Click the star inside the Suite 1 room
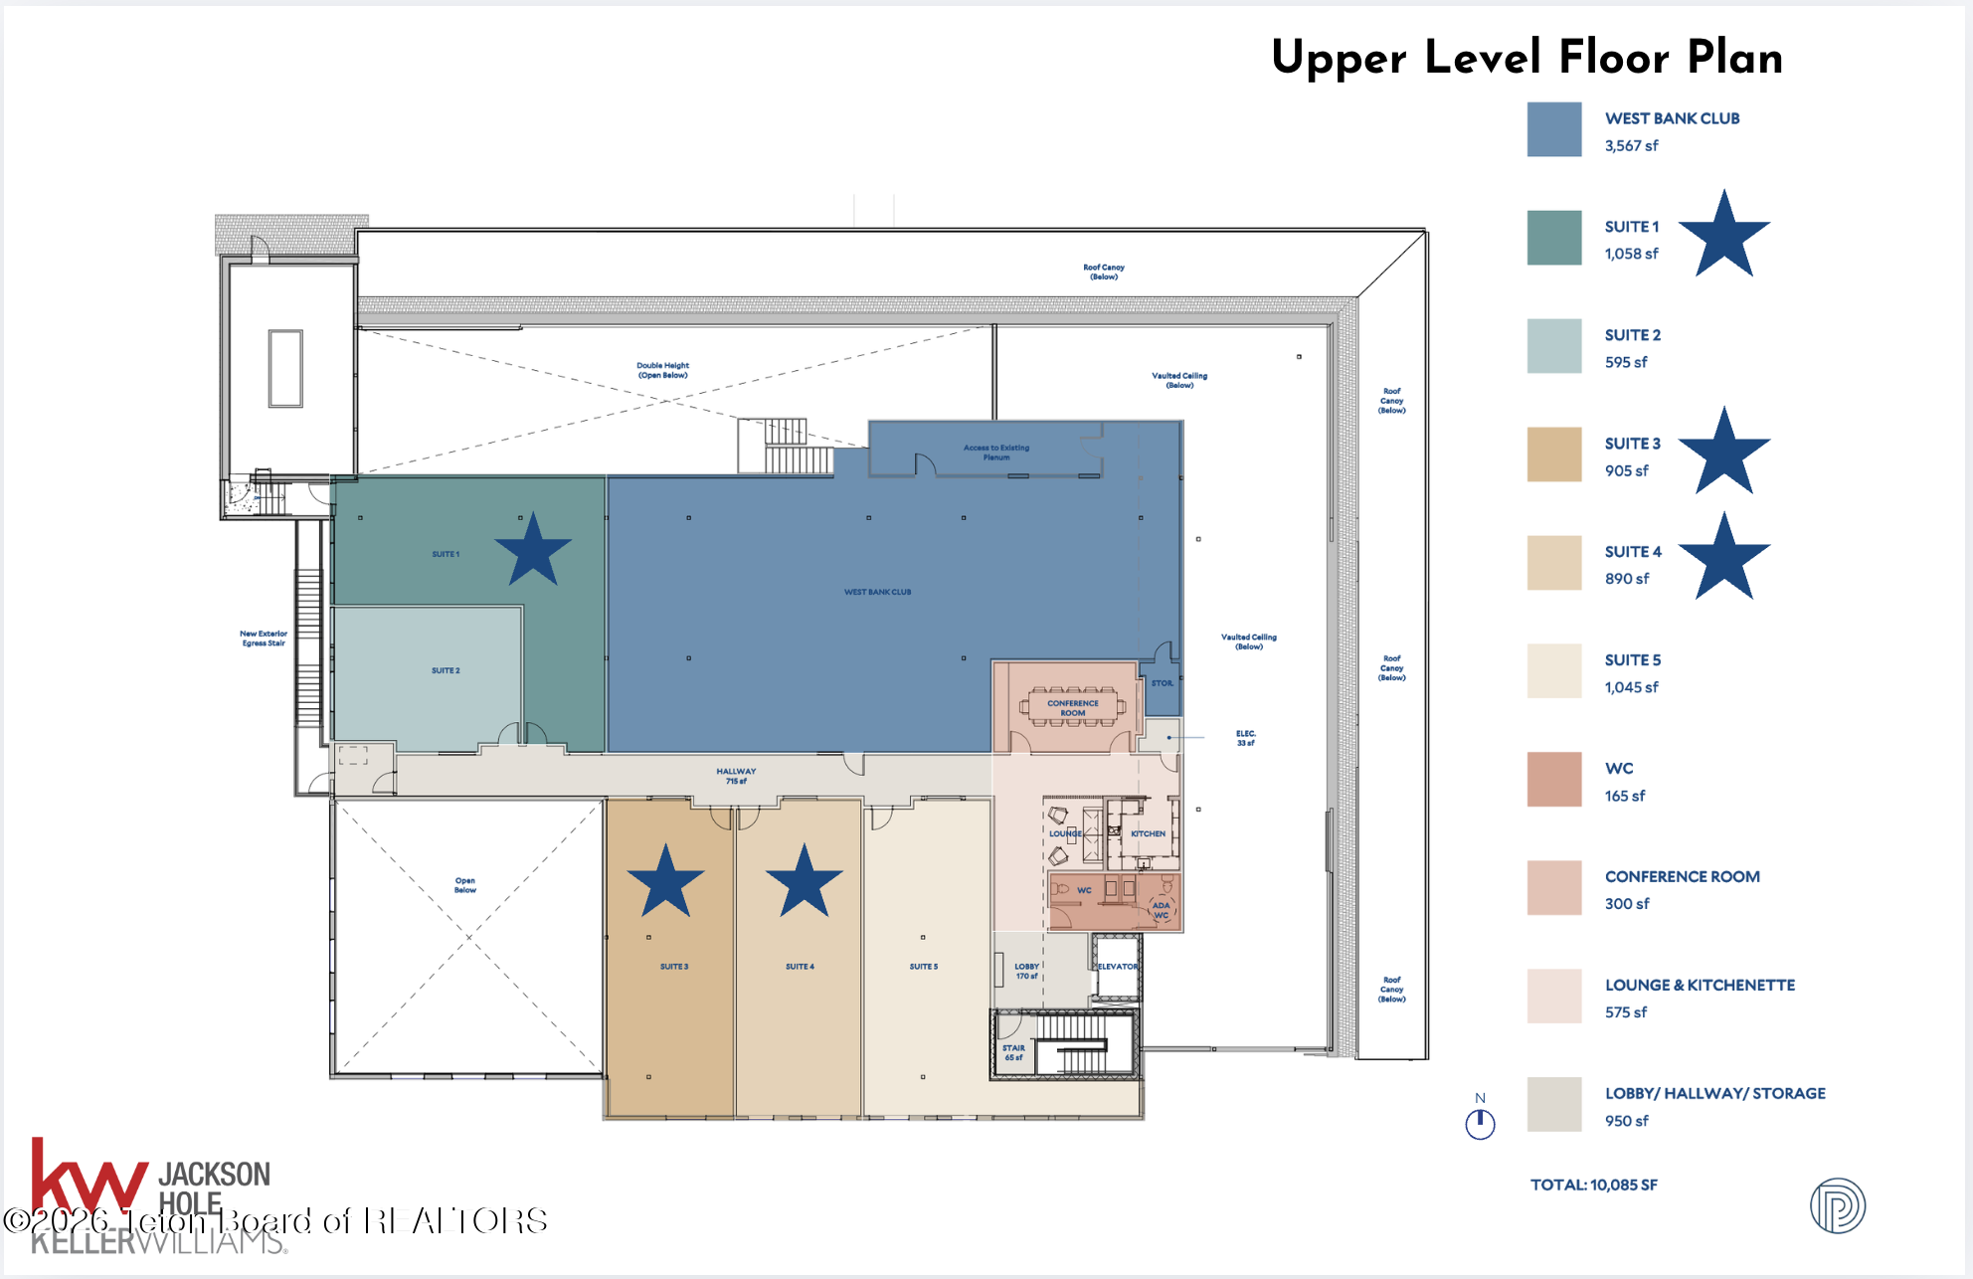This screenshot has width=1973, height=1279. pyautogui.click(x=533, y=550)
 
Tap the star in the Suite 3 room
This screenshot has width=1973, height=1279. pyautogui.click(x=665, y=882)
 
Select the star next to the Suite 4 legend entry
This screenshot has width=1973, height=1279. pyautogui.click(x=1724, y=558)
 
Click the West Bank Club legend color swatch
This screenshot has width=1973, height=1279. pyautogui.click(x=1554, y=129)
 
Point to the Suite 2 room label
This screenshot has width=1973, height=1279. pyautogui.click(x=446, y=670)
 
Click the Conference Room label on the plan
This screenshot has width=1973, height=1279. pyautogui.click(x=1072, y=708)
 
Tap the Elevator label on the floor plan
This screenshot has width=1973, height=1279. pyautogui.click(x=1118, y=967)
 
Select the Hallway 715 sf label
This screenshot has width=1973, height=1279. pyautogui.click(x=736, y=776)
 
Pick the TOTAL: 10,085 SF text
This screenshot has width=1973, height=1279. pyautogui.click(x=1593, y=1185)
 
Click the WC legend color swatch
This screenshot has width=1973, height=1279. pyautogui.click(x=1554, y=780)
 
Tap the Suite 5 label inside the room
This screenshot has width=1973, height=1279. pyautogui.click(x=923, y=967)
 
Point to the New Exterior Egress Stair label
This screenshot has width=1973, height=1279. pyautogui.click(x=264, y=639)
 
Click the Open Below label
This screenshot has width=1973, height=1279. pyautogui.click(x=465, y=885)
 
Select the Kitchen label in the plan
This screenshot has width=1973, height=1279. pyautogui.click(x=1148, y=834)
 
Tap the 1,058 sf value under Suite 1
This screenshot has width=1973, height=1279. pyautogui.click(x=1631, y=254)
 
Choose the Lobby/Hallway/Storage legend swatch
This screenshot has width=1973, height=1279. pyautogui.click(x=1554, y=1105)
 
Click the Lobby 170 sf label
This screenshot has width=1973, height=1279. pyautogui.click(x=1026, y=971)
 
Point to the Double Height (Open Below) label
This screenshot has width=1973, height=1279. pyautogui.click(x=662, y=370)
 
